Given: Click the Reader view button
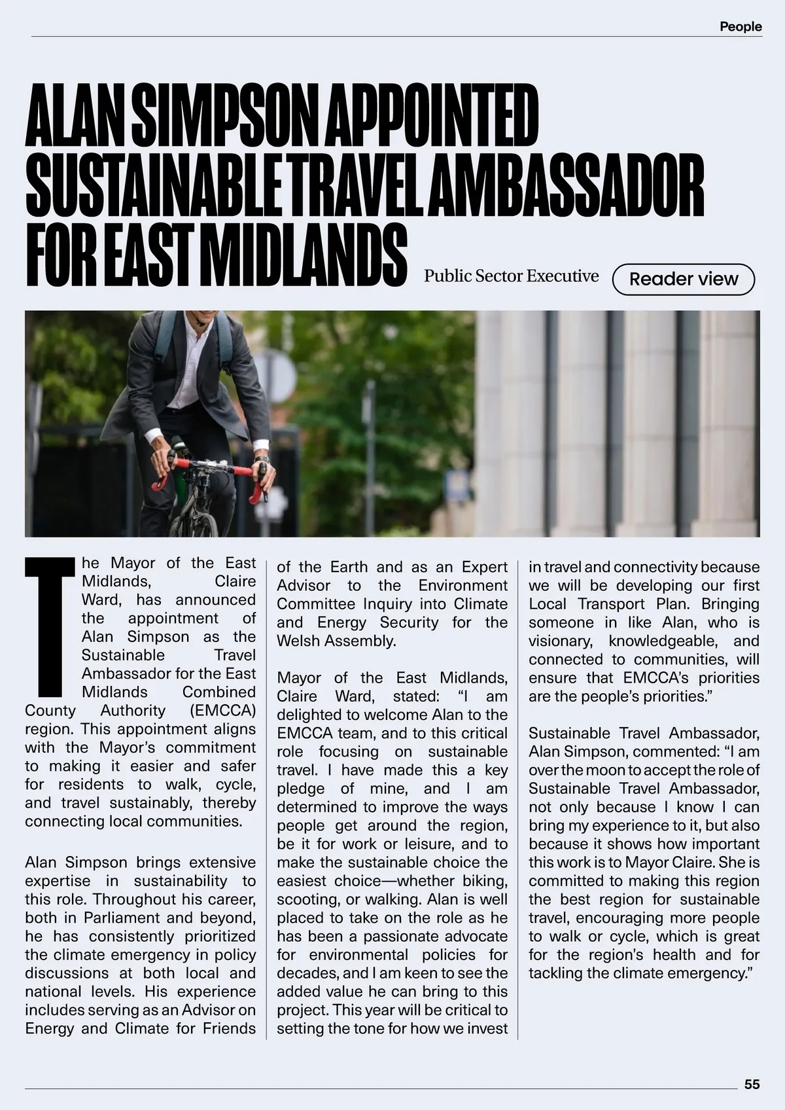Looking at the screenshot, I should click(x=683, y=279).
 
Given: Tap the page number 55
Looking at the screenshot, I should click(x=752, y=1084).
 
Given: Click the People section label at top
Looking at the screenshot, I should click(x=741, y=27).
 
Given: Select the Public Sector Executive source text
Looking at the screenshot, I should click(x=511, y=276).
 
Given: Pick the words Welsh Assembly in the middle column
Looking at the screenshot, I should click(x=336, y=641).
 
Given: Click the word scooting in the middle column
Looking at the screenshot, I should click(x=305, y=899).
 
